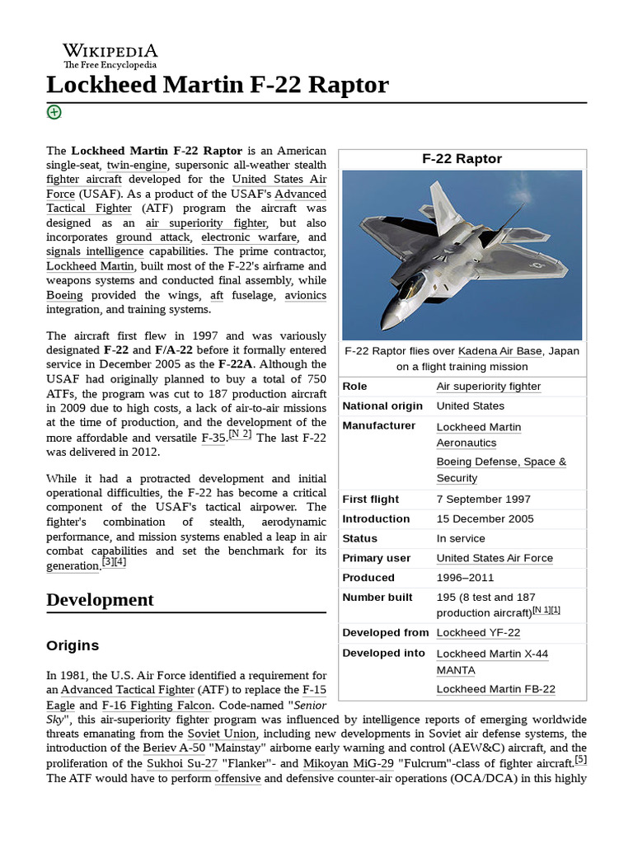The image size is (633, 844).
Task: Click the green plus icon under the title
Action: [x=54, y=112]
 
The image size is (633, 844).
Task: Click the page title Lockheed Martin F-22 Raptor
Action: [x=217, y=85]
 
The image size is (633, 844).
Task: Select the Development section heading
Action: [x=100, y=599]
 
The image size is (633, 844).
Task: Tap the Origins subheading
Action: [x=73, y=645]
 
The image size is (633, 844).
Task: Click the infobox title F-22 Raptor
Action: [x=462, y=159]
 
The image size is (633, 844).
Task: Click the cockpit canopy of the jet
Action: [x=410, y=287]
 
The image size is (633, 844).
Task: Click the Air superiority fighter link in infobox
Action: [x=488, y=387]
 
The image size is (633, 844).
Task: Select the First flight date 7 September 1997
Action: [x=483, y=499]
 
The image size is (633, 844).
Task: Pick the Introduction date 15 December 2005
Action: [x=485, y=519]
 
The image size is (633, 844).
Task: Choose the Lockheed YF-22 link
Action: [x=478, y=633]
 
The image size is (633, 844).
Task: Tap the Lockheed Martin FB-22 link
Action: [x=495, y=689]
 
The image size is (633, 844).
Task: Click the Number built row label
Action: [x=377, y=598]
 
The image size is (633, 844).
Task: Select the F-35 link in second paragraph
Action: [x=213, y=438]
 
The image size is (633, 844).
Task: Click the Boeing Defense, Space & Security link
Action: [x=501, y=470]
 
